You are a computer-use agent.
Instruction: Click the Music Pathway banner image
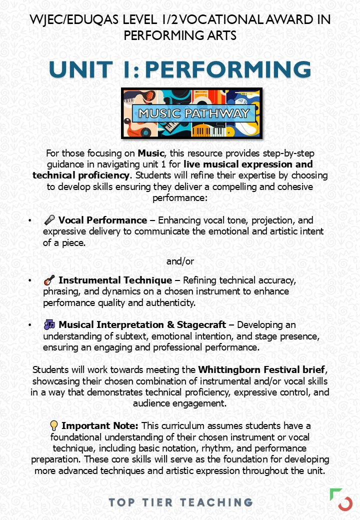191,113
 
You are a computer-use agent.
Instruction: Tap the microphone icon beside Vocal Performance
49,220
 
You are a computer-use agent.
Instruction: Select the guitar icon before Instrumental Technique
49,280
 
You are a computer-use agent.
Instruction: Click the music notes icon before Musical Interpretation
49,325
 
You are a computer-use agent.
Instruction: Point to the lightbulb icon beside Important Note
54,425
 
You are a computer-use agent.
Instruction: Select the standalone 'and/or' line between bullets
180,261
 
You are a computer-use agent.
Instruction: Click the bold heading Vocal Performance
102,220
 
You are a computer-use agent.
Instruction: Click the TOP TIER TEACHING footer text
180,501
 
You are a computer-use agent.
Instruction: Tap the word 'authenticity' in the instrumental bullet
174,302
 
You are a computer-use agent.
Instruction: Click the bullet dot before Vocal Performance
30,220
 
